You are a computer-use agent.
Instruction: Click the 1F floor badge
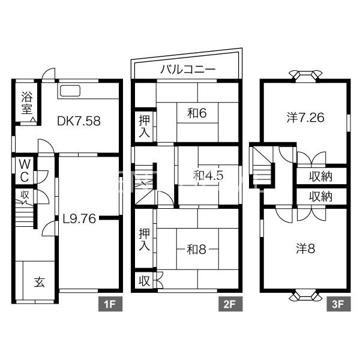tap(110, 304)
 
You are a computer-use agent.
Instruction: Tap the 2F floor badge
tap(230, 304)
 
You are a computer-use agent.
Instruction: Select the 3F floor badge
tap(338, 304)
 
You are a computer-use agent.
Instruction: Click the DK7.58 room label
tap(79, 121)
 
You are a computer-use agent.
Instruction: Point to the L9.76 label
tap(79, 218)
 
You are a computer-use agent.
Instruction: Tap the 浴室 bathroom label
tap(27, 103)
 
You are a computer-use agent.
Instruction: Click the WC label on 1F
tap(25, 170)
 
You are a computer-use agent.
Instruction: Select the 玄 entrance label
tap(39, 282)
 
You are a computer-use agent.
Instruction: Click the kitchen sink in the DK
tap(70, 91)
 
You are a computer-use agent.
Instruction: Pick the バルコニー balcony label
tap(188, 69)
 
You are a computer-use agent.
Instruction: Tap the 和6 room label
tap(197, 113)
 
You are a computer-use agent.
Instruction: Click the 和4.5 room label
tap(208, 176)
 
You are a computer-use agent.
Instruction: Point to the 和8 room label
tap(197, 250)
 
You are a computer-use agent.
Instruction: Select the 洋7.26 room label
tap(305, 118)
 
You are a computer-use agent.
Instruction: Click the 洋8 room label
tap(305, 248)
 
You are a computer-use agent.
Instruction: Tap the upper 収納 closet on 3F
tap(321, 176)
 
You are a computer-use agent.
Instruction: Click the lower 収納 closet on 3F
tap(321, 197)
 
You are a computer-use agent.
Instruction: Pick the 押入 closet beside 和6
tap(144, 126)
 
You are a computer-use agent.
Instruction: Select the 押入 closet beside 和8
tap(144, 239)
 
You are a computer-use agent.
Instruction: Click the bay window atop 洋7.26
tap(305, 76)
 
